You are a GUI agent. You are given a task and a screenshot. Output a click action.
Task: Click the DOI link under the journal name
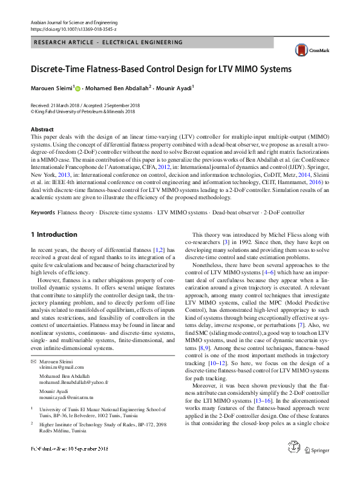click(x=73, y=28)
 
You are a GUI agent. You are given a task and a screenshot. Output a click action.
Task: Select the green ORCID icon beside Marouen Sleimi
click(x=77, y=88)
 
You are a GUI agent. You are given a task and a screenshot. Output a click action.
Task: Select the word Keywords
click(x=43, y=213)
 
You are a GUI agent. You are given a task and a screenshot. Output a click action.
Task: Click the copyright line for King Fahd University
click(x=83, y=111)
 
